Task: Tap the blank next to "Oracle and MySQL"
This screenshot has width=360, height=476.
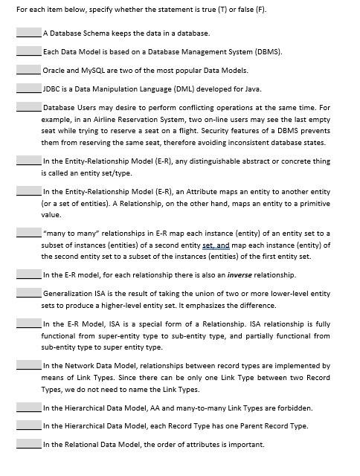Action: pyautogui.click(x=28, y=71)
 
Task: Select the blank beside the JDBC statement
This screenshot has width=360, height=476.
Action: pyautogui.click(x=28, y=89)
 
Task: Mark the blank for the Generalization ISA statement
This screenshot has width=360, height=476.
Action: pyautogui.click(x=28, y=295)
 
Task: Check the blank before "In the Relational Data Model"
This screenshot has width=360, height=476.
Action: pyautogui.click(x=28, y=445)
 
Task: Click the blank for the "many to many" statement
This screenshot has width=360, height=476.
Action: pyautogui.click(x=28, y=234)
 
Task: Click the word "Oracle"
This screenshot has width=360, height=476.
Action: pyautogui.click(x=54, y=71)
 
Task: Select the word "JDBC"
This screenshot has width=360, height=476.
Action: pyautogui.click(x=52, y=89)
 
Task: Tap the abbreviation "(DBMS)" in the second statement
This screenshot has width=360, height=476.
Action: pyautogui.click(x=267, y=52)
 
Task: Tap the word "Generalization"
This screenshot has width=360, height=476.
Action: pyautogui.click(x=68, y=295)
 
